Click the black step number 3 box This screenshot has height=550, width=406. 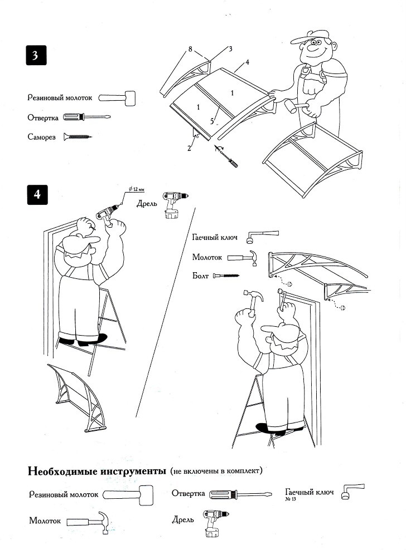(35, 57)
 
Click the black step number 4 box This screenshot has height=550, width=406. (37, 195)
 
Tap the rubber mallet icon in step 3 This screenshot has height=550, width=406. (117, 99)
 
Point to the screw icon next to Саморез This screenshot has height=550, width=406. (77, 136)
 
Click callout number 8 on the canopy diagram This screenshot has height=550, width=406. (191, 50)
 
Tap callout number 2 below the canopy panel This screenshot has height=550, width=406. (189, 148)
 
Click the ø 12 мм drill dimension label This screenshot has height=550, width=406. (136, 189)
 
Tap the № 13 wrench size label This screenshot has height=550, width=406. (292, 499)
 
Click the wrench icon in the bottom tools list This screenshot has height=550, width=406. (352, 492)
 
